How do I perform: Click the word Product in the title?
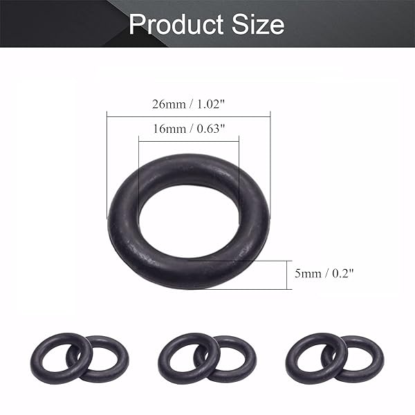174,24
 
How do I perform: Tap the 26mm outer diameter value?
169,104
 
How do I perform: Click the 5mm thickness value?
307,274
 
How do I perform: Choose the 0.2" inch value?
342,274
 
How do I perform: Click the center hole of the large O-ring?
188,221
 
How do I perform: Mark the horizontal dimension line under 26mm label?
188,116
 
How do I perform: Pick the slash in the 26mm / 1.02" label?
188,104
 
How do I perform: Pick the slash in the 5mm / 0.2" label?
325,274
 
